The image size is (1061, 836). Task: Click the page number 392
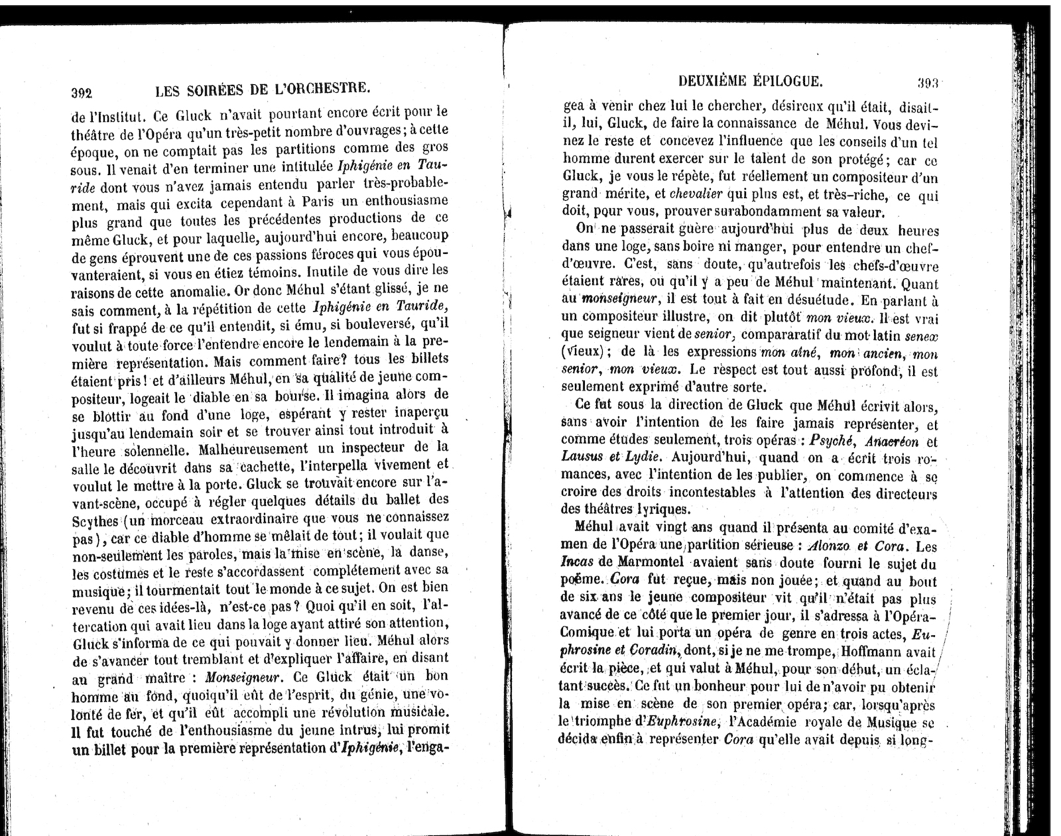coord(81,92)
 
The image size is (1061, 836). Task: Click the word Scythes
coord(94,519)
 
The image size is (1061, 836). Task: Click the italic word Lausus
coord(581,457)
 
